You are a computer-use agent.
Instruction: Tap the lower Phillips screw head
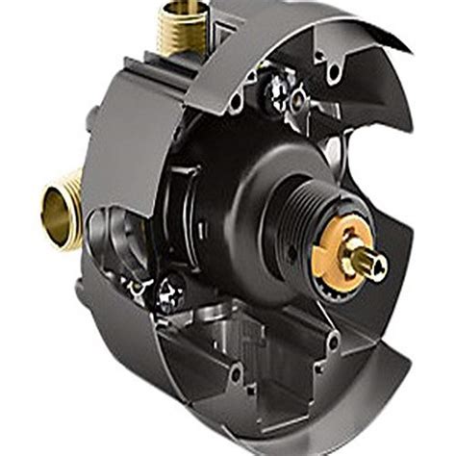(x=171, y=286)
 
